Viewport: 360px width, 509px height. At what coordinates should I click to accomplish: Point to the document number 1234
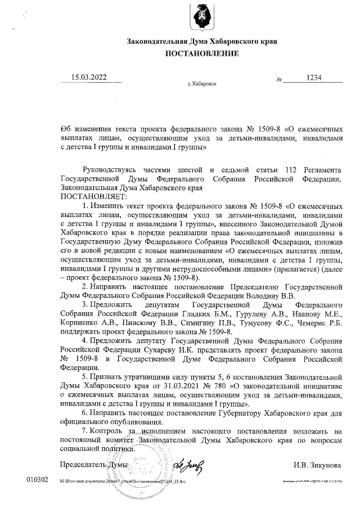[311, 78]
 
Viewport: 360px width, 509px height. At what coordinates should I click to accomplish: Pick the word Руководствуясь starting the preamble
[111, 170]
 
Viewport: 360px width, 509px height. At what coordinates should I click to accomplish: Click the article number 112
[291, 170]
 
